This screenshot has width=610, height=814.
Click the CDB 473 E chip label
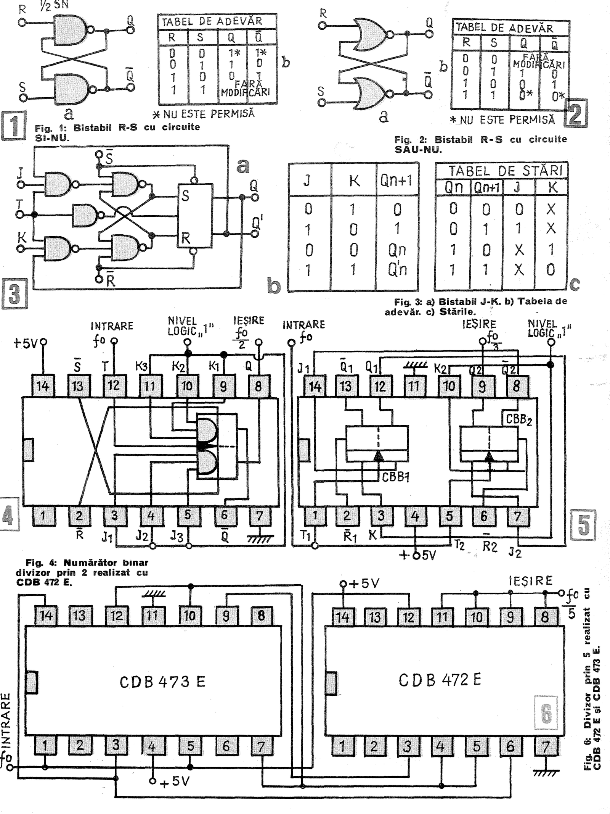[x=162, y=682]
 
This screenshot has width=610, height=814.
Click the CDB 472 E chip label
[x=440, y=679]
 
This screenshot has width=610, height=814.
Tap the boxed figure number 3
[x=14, y=294]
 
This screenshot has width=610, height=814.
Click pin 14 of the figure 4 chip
[x=43, y=386]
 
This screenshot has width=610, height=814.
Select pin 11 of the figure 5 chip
[x=414, y=386]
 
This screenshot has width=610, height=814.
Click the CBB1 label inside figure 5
[x=395, y=477]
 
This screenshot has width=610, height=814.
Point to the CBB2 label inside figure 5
[x=519, y=419]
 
